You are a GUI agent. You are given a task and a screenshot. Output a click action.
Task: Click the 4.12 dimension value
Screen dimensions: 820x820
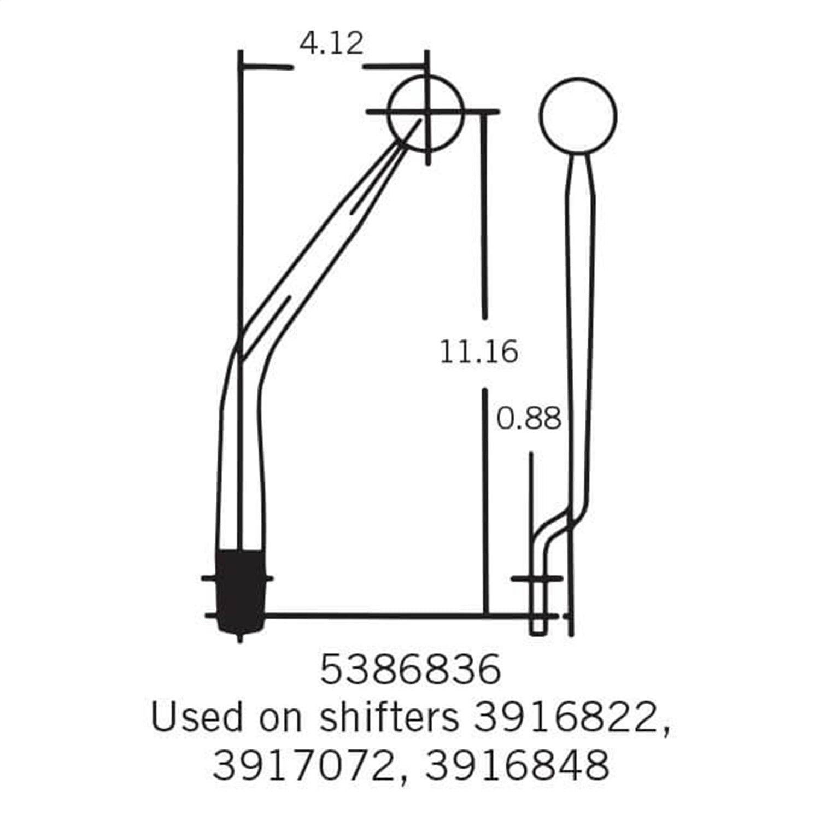(x=331, y=43)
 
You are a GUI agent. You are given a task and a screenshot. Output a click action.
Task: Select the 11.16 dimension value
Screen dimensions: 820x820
(x=479, y=353)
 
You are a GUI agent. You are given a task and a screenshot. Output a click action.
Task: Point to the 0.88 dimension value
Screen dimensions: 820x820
(x=529, y=420)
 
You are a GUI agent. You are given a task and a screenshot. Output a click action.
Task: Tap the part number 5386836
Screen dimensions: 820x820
(x=410, y=670)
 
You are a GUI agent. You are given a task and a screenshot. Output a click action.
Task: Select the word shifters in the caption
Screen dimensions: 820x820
(x=389, y=717)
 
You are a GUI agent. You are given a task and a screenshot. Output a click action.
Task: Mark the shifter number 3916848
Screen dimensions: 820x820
(x=517, y=765)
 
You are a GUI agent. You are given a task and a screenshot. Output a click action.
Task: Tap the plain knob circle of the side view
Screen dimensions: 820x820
(x=578, y=115)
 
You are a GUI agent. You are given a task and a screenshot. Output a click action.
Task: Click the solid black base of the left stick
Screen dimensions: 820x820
(x=241, y=590)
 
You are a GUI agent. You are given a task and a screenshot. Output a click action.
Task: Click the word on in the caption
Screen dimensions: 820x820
(x=280, y=717)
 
